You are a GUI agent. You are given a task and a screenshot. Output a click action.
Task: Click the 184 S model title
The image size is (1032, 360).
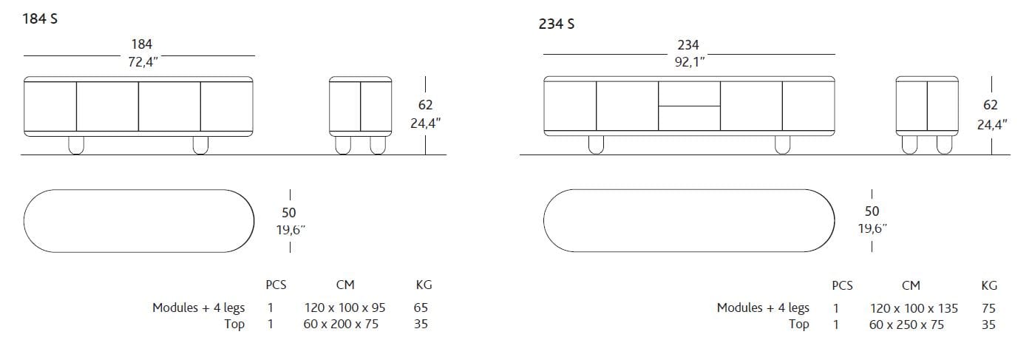(x=40, y=19)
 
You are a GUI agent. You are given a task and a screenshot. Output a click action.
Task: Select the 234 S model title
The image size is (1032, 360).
(x=557, y=24)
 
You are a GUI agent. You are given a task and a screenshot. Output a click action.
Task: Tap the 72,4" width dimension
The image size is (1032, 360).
(x=143, y=62)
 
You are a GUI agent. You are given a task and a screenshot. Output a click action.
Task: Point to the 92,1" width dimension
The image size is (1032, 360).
(x=690, y=62)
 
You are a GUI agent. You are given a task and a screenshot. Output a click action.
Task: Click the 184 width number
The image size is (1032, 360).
(x=141, y=44)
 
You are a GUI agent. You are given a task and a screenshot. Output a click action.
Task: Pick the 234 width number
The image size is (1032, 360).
(x=688, y=45)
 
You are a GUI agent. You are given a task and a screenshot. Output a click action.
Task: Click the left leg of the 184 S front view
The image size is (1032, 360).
(x=76, y=145)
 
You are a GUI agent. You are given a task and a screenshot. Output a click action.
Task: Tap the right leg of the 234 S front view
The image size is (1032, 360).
(x=782, y=145)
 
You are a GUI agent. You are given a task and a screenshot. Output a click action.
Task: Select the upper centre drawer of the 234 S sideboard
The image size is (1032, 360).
(x=689, y=94)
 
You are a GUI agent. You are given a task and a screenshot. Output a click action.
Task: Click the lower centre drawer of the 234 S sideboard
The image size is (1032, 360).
(x=689, y=118)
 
